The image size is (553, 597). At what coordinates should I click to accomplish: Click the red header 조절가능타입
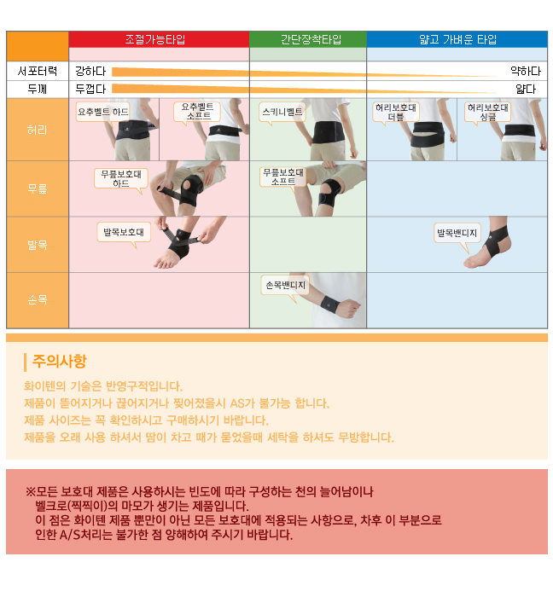[155, 39]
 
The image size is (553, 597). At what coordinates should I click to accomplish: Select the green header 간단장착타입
[311, 39]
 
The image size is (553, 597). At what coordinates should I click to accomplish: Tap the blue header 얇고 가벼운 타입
[457, 39]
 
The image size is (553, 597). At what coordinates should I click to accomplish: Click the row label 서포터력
[38, 71]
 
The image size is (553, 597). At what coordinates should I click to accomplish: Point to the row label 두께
[38, 89]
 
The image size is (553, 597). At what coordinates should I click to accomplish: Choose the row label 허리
[38, 130]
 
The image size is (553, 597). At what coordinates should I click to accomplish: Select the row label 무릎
[38, 188]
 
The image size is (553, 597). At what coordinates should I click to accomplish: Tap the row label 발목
[38, 245]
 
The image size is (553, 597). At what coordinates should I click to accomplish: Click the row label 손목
[38, 300]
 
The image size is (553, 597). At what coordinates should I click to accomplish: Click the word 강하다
[90, 71]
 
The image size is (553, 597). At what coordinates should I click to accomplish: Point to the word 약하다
[526, 71]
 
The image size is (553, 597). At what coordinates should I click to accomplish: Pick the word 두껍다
[90, 89]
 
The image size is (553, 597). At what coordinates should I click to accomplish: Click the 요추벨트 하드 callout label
[102, 112]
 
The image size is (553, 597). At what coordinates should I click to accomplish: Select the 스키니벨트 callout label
[282, 112]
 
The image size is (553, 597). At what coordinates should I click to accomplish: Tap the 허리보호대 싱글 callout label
[487, 112]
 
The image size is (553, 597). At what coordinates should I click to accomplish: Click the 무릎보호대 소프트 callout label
[283, 177]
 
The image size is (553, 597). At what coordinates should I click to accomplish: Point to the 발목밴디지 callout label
[457, 233]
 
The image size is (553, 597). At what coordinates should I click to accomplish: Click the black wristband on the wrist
[329, 304]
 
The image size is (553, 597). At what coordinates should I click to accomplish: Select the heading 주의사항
[60, 361]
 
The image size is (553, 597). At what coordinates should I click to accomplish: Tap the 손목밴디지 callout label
[285, 285]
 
